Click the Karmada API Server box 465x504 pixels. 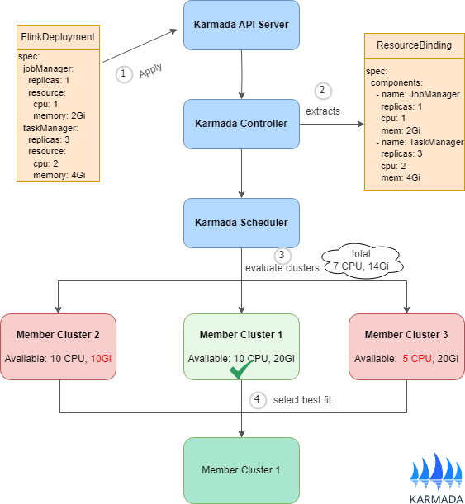(240, 25)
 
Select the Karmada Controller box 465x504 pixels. (240, 124)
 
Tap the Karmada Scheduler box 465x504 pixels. (240, 223)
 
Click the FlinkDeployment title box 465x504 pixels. (58, 37)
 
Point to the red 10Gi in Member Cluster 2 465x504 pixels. (101, 359)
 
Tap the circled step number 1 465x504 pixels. (123, 73)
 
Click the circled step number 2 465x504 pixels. (323, 91)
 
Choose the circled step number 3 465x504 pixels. (282, 255)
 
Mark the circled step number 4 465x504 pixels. (259, 400)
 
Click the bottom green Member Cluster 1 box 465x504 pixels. (240, 469)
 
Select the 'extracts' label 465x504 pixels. (322, 111)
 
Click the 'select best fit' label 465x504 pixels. (302, 400)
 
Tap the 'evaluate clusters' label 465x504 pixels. (282, 268)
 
